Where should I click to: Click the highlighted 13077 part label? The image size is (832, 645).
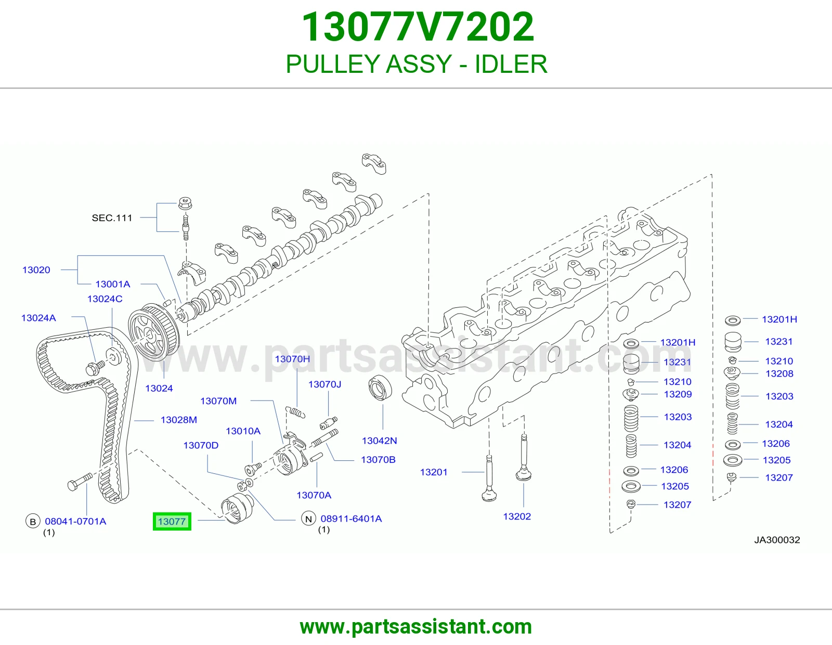click(x=172, y=521)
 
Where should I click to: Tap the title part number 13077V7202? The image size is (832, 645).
click(x=418, y=27)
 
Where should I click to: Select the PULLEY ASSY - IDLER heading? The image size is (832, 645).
click(x=417, y=64)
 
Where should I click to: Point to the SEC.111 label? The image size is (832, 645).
click(x=112, y=218)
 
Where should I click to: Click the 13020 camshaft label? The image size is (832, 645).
click(x=36, y=269)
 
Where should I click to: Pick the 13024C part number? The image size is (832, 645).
click(x=105, y=299)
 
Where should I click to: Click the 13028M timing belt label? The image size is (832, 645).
click(x=179, y=420)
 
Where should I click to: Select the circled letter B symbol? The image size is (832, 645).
click(x=33, y=521)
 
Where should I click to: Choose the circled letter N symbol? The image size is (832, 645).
click(x=308, y=519)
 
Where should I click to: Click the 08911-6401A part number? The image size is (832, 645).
click(x=351, y=519)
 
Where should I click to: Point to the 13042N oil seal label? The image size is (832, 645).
click(x=380, y=441)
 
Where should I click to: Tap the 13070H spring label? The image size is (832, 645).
click(x=293, y=359)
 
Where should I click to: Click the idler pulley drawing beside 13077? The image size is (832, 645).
click(x=237, y=508)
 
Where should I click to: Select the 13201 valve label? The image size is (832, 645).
click(x=434, y=472)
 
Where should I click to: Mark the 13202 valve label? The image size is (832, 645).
click(x=517, y=517)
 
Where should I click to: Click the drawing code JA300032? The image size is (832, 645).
click(x=777, y=540)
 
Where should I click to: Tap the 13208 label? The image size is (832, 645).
click(x=779, y=373)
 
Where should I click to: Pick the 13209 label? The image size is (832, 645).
click(x=678, y=394)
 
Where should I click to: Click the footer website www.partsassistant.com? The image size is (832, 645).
click(x=416, y=627)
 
